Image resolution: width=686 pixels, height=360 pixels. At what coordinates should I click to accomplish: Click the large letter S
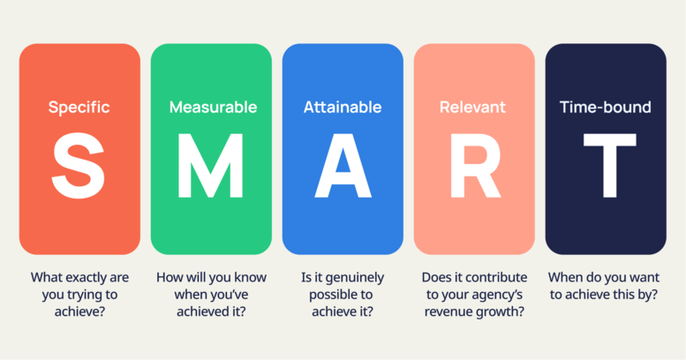click(x=79, y=166)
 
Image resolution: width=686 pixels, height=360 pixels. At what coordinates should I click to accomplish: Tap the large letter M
click(x=210, y=166)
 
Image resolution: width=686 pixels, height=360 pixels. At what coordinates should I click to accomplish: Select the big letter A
click(x=343, y=166)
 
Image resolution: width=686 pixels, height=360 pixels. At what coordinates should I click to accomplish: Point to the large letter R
click(x=474, y=166)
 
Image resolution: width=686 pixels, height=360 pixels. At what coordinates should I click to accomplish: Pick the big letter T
click(x=606, y=166)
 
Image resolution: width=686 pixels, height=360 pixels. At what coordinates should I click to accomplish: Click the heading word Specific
click(x=79, y=108)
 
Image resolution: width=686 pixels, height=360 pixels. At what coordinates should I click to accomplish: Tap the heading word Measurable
click(x=213, y=108)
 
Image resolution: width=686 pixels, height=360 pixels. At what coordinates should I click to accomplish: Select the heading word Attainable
click(x=343, y=108)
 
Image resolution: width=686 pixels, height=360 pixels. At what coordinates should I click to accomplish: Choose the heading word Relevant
click(x=472, y=108)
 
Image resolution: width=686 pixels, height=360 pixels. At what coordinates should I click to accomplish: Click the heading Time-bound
click(x=606, y=108)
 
